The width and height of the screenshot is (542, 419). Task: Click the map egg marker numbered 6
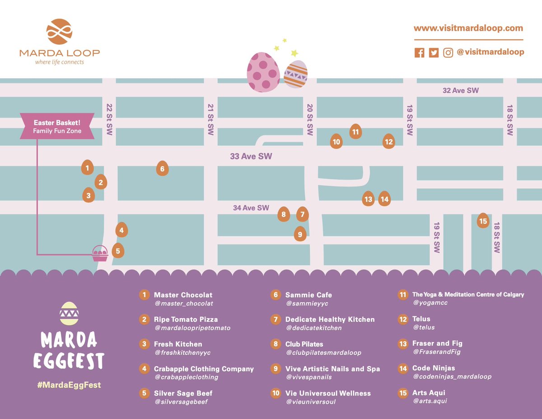[x=162, y=169]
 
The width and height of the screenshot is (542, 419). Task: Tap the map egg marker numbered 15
[x=483, y=221]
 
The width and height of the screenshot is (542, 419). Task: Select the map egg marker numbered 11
[x=355, y=132]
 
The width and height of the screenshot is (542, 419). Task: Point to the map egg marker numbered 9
[x=299, y=234]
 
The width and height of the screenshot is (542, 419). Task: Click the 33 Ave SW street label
[x=251, y=156]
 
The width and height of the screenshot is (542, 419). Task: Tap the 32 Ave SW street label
[x=460, y=90]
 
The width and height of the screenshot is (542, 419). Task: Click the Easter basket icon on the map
[x=100, y=254]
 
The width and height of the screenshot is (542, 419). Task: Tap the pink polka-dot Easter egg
[x=263, y=72]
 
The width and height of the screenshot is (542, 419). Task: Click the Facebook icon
[x=420, y=52]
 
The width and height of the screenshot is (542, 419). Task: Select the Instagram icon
[x=448, y=52]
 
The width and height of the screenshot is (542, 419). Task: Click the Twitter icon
[x=434, y=52]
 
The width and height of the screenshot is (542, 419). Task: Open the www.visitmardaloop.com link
[x=468, y=28]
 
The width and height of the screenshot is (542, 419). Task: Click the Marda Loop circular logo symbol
[x=60, y=32]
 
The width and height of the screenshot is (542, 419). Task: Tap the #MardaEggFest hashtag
[x=69, y=385]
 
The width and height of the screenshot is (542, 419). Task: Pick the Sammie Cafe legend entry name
[x=308, y=295]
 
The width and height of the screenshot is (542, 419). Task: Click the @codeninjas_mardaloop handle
[x=452, y=377]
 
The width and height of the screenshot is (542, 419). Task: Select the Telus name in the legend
[x=421, y=319]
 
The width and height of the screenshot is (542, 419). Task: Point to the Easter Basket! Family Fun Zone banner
[x=57, y=126]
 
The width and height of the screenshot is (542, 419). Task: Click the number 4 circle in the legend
[x=145, y=368]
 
